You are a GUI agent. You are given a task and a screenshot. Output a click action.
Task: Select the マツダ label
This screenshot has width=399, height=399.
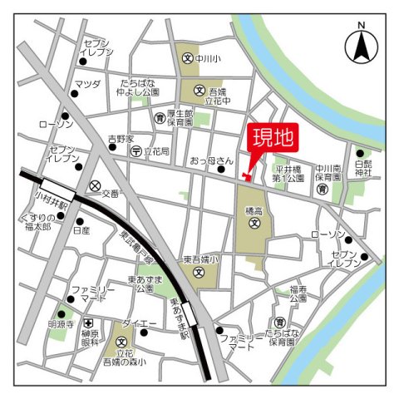86,84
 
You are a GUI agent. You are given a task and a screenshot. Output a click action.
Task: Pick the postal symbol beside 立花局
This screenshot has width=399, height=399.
136,151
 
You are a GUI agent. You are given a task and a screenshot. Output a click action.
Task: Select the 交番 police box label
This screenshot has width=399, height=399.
111,193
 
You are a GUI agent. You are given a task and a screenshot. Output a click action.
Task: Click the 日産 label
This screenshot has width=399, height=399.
81,232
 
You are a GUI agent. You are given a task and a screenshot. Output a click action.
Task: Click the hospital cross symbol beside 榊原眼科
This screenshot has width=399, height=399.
88,323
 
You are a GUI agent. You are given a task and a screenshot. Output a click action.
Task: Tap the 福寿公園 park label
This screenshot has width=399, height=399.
299,293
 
